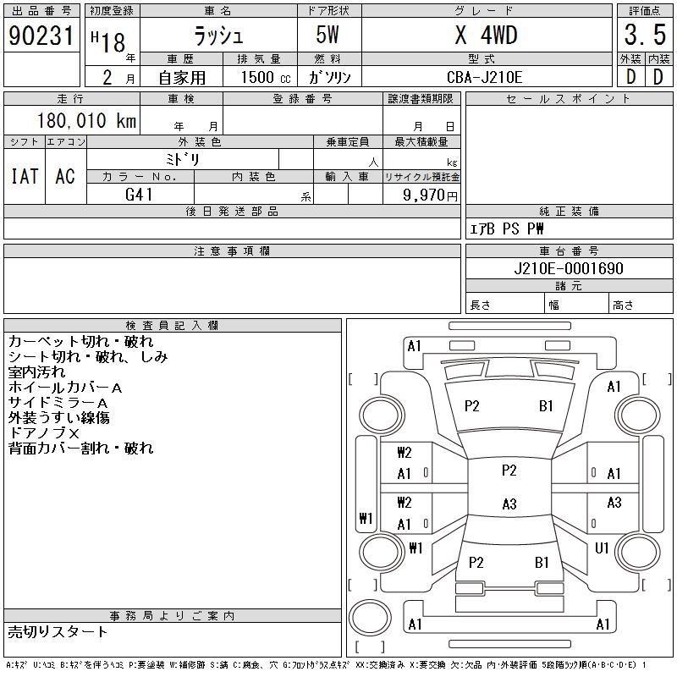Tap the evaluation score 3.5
point(643,36)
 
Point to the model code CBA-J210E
point(486,77)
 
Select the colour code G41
point(139,194)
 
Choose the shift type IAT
point(24,176)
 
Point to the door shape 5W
point(330,36)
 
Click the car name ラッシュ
point(217,36)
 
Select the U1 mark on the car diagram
point(602,548)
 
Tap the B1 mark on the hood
point(546,406)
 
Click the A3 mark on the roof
point(509,504)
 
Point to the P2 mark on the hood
point(472,406)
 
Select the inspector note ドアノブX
point(43,432)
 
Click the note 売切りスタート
point(58,631)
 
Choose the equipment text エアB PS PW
point(507,229)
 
